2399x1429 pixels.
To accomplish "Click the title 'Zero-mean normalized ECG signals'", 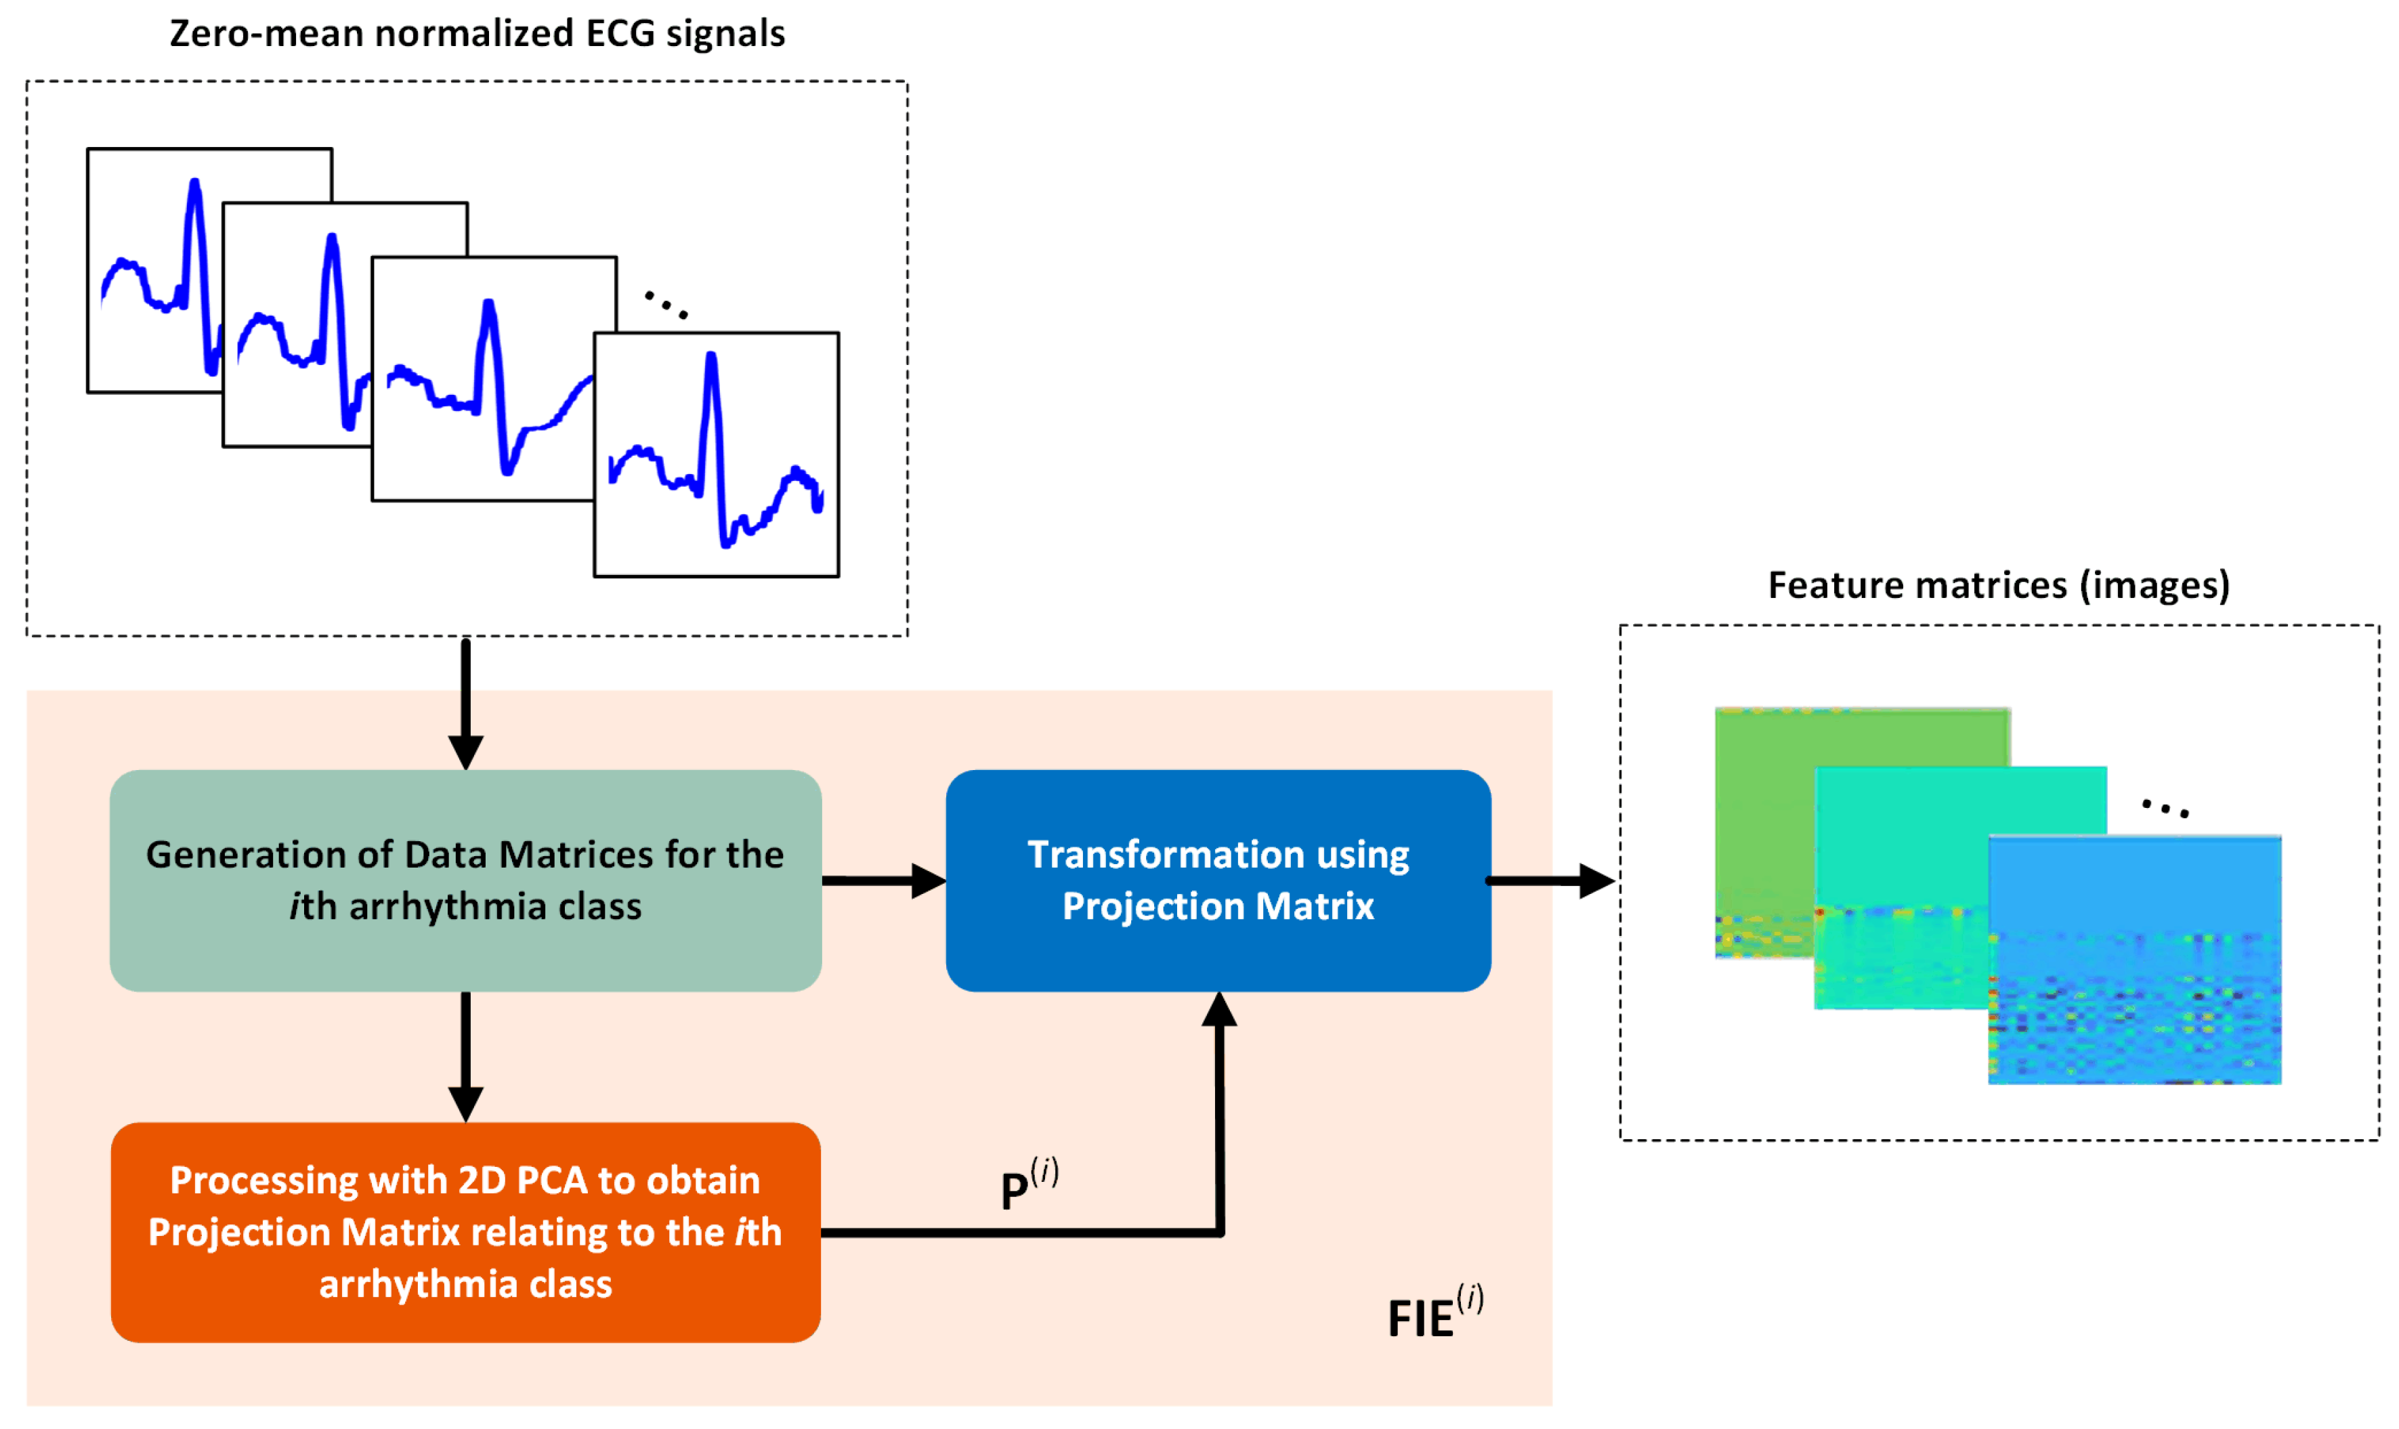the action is (x=477, y=34).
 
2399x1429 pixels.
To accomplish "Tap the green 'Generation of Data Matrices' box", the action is (x=465, y=881).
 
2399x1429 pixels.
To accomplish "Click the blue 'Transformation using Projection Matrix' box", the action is (x=1218, y=881).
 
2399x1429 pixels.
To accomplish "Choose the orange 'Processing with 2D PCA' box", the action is (x=465, y=1233).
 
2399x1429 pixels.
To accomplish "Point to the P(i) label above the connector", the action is (x=1029, y=1185).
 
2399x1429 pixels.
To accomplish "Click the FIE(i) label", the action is (x=1435, y=1312).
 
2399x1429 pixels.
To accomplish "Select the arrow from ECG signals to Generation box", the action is (x=466, y=703).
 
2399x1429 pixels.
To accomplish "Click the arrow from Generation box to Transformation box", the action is (x=884, y=880).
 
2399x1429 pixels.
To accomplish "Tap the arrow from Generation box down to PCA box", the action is (x=466, y=1057).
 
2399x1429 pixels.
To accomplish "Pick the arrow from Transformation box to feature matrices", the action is (x=1552, y=880).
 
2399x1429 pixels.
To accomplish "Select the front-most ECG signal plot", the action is (x=717, y=454).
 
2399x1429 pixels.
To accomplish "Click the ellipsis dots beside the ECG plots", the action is (x=666, y=304).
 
